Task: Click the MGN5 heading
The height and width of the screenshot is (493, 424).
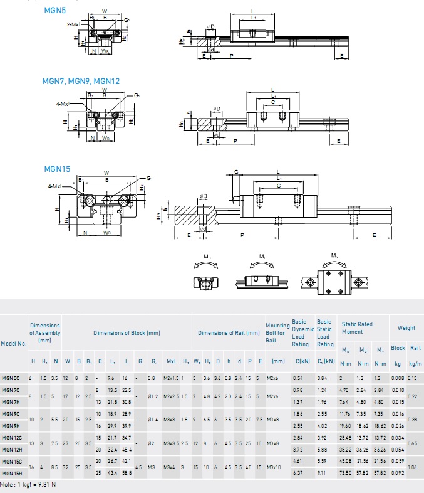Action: tap(53, 11)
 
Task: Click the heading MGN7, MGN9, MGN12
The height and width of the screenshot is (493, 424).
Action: tap(81, 82)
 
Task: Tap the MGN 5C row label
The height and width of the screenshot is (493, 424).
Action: tap(11, 378)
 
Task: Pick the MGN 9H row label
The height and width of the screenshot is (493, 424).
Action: tap(11, 426)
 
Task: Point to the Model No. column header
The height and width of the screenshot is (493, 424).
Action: tap(14, 343)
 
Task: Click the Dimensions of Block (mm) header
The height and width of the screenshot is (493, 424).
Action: tap(127, 333)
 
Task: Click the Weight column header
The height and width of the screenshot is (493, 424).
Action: tap(406, 327)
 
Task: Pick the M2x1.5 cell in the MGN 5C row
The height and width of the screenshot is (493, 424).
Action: tap(170, 378)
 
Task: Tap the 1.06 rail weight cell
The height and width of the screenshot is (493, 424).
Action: tap(413, 467)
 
